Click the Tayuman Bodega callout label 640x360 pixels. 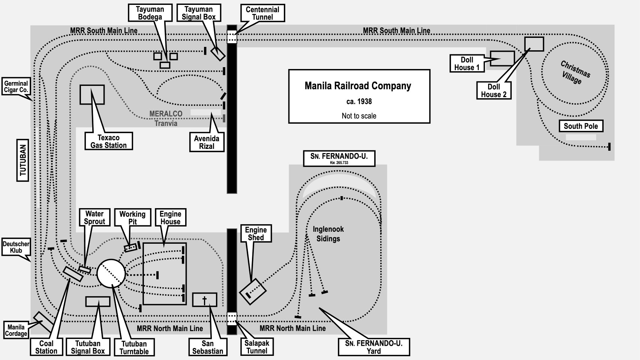pyautogui.click(x=150, y=13)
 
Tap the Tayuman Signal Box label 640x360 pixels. pyautogui.click(x=199, y=13)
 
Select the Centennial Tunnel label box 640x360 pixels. pyautogui.click(x=262, y=13)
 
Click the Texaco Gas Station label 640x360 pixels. pyautogui.click(x=108, y=141)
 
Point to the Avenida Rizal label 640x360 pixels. pyautogui.click(x=207, y=142)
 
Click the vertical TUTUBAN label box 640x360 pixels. pyautogui.click(x=23, y=160)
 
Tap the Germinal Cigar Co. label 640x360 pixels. pyautogui.click(x=16, y=87)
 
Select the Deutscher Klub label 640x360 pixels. pyautogui.click(x=16, y=247)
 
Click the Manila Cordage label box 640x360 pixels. pyautogui.click(x=16, y=330)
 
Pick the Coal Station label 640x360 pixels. pyautogui.click(x=46, y=347)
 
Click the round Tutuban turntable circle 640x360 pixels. pyautogui.click(x=111, y=273)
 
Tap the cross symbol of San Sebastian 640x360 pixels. pyautogui.click(x=205, y=300)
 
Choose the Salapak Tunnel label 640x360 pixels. pyautogui.click(x=257, y=347)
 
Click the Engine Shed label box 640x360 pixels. pyautogui.click(x=256, y=234)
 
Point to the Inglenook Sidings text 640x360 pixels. pyautogui.click(x=328, y=234)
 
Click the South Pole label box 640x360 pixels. pyautogui.click(x=581, y=126)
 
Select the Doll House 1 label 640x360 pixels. pyautogui.click(x=467, y=63)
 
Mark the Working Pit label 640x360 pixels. pyautogui.click(x=132, y=217)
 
